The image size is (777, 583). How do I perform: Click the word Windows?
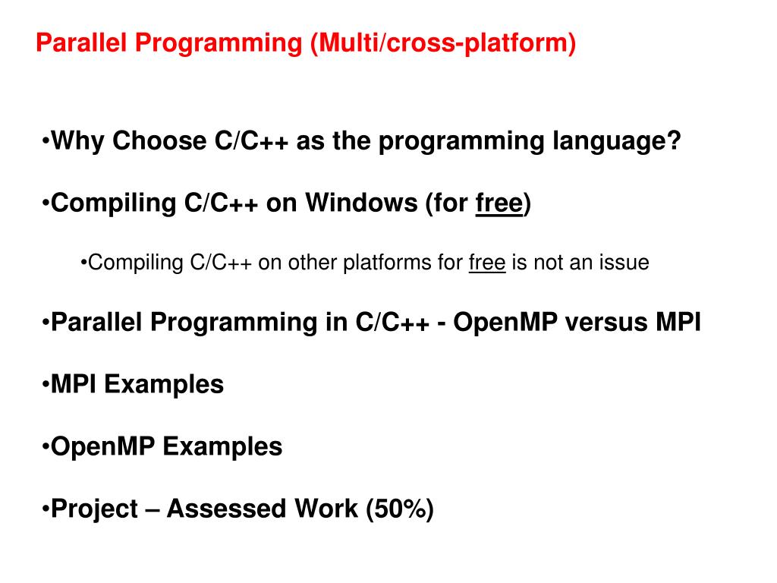(361, 203)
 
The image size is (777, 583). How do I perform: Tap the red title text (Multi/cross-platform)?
(443, 43)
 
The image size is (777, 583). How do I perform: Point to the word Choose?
(159, 140)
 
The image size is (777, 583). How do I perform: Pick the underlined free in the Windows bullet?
(499, 203)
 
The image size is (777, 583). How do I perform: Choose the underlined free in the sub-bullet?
(487, 263)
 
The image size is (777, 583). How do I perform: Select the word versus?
(610, 322)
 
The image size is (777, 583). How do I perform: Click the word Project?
(95, 509)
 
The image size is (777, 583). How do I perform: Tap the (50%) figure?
(400, 509)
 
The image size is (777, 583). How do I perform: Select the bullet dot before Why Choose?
(46, 140)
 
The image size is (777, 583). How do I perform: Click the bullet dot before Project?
(46, 509)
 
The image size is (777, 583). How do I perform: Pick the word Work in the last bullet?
(326, 509)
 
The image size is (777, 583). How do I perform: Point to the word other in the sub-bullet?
(312, 263)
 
